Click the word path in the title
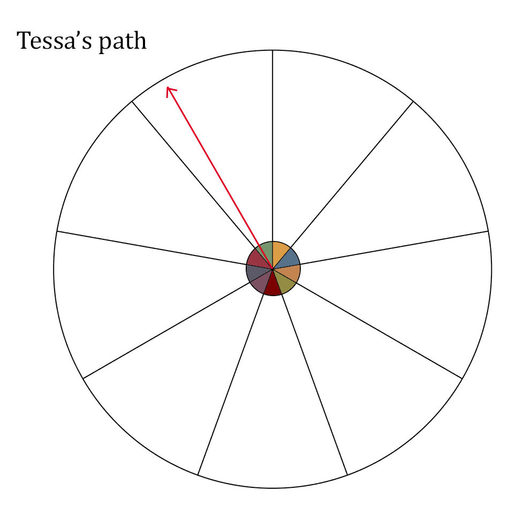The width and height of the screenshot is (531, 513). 123,42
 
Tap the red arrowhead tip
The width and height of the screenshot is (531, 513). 167,87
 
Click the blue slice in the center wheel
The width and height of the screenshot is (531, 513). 290,259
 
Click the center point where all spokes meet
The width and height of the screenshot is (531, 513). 272,269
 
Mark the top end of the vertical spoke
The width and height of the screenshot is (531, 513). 272,50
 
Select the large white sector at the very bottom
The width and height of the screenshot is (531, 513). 272,406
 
